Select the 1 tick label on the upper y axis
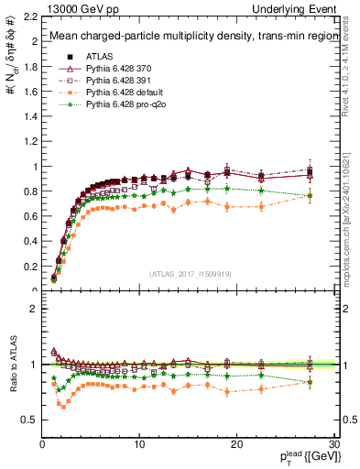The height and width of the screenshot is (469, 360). click(33, 167)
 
